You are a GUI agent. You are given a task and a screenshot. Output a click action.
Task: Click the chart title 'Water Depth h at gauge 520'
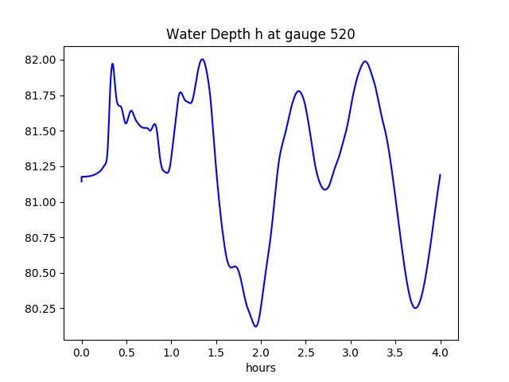coord(260,34)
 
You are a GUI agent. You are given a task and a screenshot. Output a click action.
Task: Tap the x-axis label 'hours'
coord(260,368)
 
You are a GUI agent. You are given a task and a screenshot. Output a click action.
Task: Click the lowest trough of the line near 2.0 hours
coord(256,326)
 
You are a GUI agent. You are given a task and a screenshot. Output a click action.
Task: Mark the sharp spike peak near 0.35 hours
coord(112,64)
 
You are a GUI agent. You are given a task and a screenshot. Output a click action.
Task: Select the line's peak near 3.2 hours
coord(365,61)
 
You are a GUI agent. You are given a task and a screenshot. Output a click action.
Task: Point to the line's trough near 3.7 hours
coord(415,308)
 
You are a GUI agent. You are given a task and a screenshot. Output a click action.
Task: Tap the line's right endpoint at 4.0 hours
coord(440,175)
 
